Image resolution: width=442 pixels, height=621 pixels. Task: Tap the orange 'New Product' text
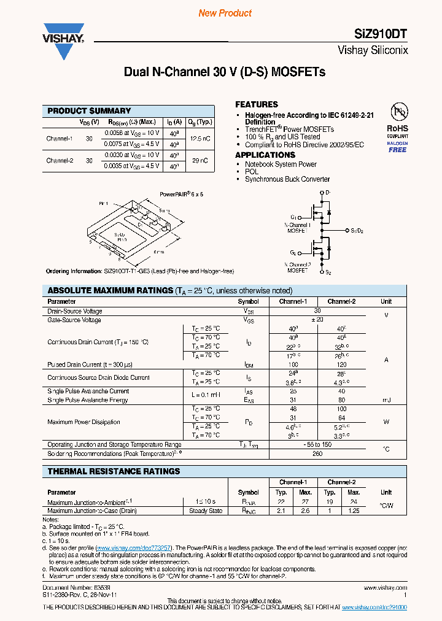point(225,13)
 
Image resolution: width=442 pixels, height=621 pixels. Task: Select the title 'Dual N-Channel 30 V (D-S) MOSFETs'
point(225,72)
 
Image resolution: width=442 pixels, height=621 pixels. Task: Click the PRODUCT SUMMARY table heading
point(90,110)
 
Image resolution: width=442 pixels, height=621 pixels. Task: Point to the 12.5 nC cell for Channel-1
point(200,139)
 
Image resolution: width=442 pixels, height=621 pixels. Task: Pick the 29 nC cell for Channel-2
point(200,160)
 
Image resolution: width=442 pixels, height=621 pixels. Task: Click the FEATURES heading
point(257,104)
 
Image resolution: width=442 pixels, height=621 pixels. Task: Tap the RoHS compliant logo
point(397,129)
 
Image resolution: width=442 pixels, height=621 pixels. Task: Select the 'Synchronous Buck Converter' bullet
point(287,179)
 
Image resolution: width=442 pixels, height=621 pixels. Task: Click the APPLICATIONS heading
point(265,155)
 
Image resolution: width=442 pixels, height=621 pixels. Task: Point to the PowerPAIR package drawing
point(129,227)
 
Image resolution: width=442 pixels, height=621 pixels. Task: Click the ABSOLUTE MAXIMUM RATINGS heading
point(110,290)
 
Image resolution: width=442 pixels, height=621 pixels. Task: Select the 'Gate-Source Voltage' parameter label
point(74,320)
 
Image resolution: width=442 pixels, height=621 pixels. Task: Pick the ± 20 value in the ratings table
point(317,320)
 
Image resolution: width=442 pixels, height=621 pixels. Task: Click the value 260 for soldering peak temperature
point(317,454)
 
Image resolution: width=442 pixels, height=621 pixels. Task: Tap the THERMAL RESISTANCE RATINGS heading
point(114,471)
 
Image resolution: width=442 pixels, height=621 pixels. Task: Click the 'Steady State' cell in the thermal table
point(206,511)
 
